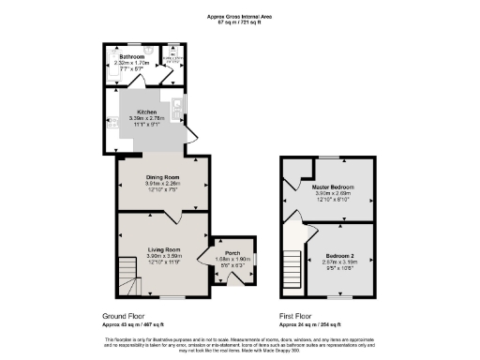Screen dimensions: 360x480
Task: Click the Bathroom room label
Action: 131,56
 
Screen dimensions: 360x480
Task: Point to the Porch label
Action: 228,252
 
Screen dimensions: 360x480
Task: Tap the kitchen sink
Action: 176,105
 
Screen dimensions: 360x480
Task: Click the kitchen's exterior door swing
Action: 190,135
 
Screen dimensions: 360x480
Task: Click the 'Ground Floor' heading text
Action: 124,317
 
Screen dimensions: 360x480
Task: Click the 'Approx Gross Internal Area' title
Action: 239,16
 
